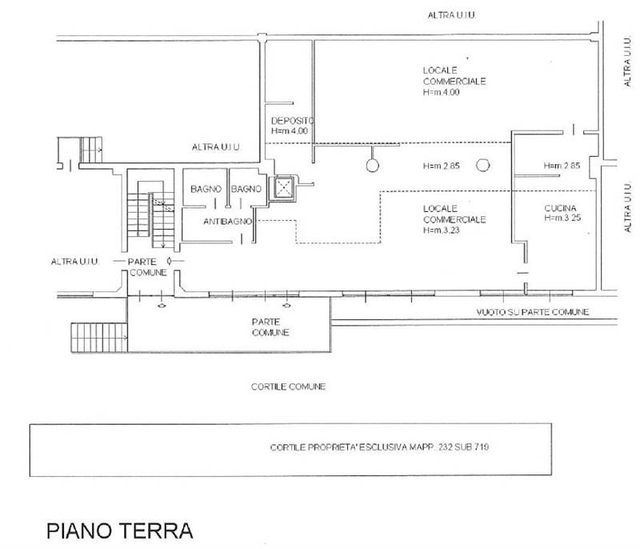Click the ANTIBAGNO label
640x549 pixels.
coord(228,220)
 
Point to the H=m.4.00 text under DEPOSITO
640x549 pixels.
coord(290,130)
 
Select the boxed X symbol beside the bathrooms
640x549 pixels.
coord(282,186)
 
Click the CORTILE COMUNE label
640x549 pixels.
coord(288,386)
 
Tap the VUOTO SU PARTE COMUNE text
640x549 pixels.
coord(532,312)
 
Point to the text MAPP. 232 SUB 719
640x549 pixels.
coord(445,447)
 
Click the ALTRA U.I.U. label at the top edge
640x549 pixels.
coord(452,16)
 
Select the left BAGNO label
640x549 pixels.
coord(206,189)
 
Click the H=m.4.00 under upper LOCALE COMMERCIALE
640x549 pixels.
coord(442,92)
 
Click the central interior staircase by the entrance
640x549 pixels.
coord(150,216)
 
